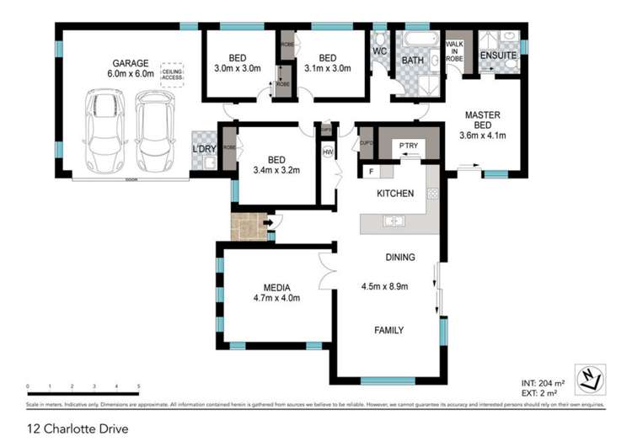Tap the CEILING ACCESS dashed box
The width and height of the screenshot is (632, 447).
(174, 72)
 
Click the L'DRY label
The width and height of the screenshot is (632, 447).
(206, 149)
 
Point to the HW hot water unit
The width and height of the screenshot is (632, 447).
(329, 152)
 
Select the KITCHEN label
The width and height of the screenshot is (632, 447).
(394, 194)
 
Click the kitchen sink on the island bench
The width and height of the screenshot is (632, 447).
(394, 222)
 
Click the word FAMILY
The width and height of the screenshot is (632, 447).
(388, 330)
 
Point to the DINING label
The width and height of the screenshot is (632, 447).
(399, 258)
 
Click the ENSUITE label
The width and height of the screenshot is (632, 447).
(499, 56)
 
